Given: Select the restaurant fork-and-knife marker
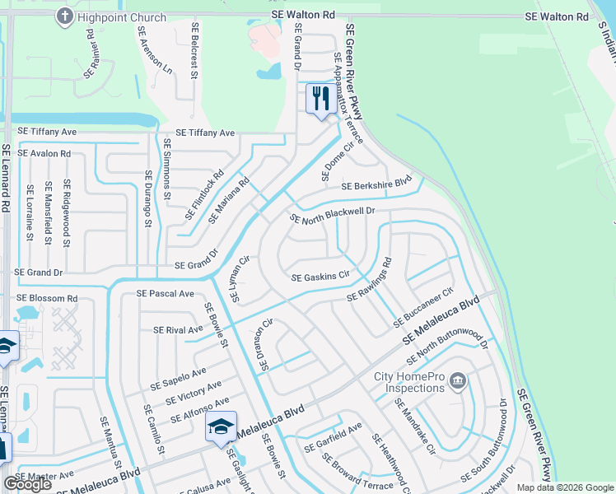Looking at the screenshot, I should (320, 100).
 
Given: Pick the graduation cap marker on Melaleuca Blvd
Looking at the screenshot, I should (221, 426).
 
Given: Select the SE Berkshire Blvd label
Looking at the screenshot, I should (376, 186).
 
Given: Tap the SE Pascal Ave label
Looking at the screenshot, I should (165, 293).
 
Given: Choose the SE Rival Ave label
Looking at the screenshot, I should (177, 330).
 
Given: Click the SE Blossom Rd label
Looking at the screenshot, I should (47, 298).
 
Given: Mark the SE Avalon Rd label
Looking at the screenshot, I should (44, 153).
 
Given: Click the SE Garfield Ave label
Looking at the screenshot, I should (333, 438).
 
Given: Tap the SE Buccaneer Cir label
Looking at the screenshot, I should (424, 305).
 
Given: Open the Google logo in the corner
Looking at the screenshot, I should (27, 484).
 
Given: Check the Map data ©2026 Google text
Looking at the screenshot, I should (565, 487).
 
